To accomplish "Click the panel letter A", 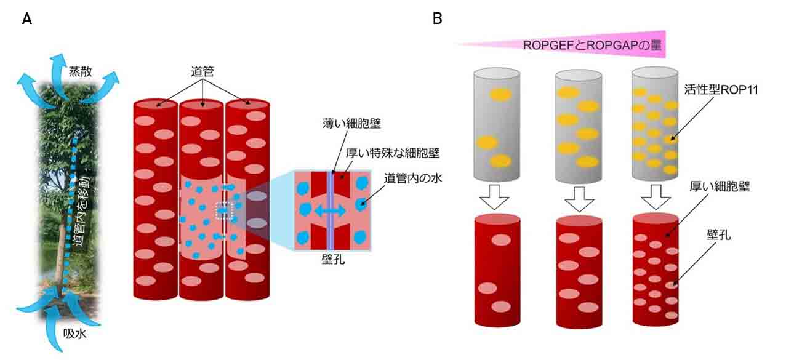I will pyautogui.click(x=26, y=20).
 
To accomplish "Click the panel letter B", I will pyautogui.click(x=437, y=19).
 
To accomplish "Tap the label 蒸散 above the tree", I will pyautogui.click(x=80, y=71).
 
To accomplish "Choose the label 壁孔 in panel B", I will pyautogui.click(x=718, y=234).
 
